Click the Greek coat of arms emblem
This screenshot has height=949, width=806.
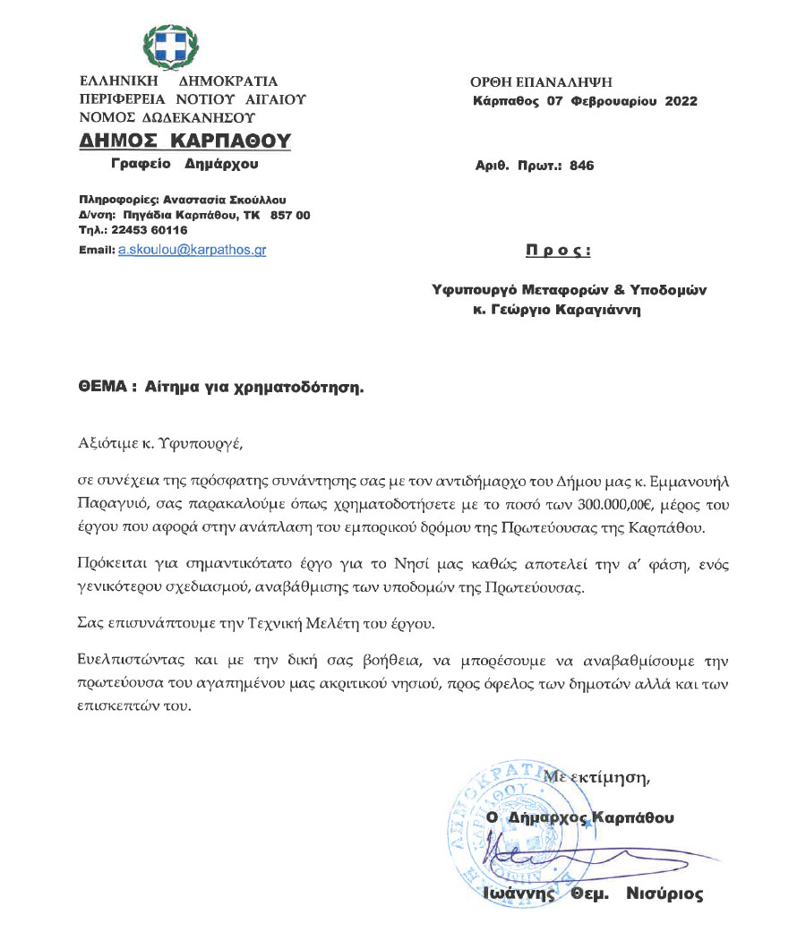pos(171,47)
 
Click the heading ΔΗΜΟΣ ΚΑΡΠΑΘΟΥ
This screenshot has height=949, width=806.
pos(185,141)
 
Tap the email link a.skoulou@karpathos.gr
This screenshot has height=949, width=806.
pos(192,251)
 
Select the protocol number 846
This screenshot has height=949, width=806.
pos(581,166)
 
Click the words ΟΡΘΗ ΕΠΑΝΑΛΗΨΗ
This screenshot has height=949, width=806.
pos(542,82)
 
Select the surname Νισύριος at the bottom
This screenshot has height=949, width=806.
pos(665,893)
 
